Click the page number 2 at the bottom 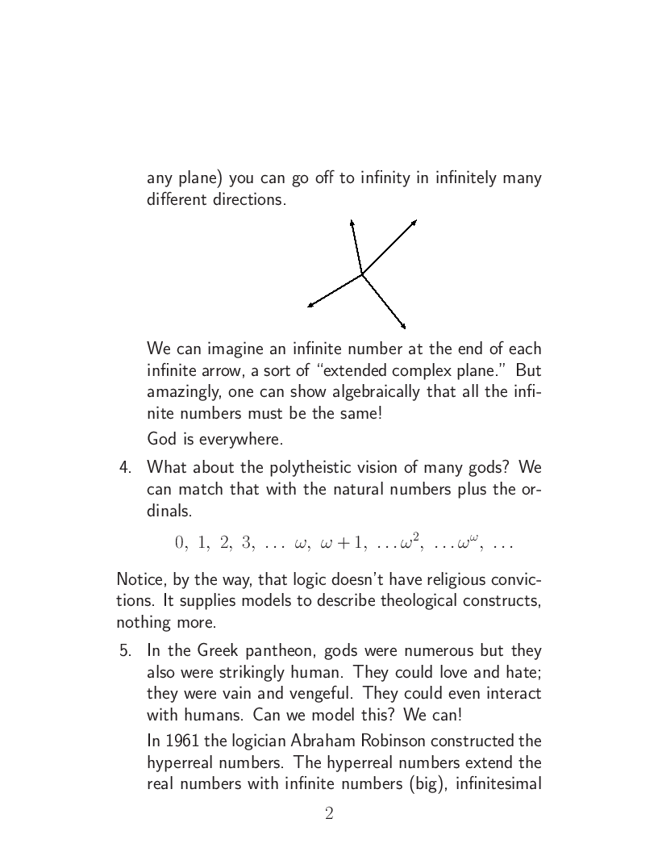point(329,814)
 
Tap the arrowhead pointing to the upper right point(414,221)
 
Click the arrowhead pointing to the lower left point(310,306)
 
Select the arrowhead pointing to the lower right point(402,327)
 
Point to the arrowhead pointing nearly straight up point(351,220)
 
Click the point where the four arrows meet point(362,274)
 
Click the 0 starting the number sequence point(180,542)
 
